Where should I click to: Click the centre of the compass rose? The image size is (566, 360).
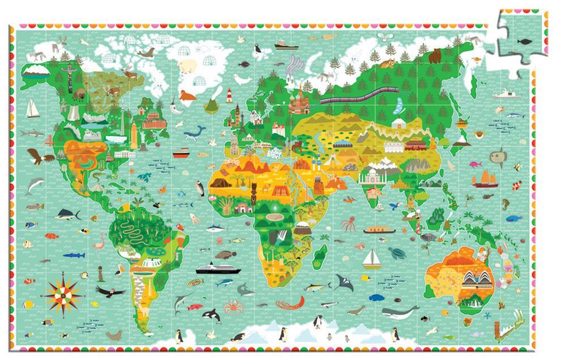[63, 292]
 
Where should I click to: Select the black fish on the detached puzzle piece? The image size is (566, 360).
[525, 40]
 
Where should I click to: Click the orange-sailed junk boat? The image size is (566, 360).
[485, 179]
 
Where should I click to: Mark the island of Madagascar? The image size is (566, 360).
[323, 251]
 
